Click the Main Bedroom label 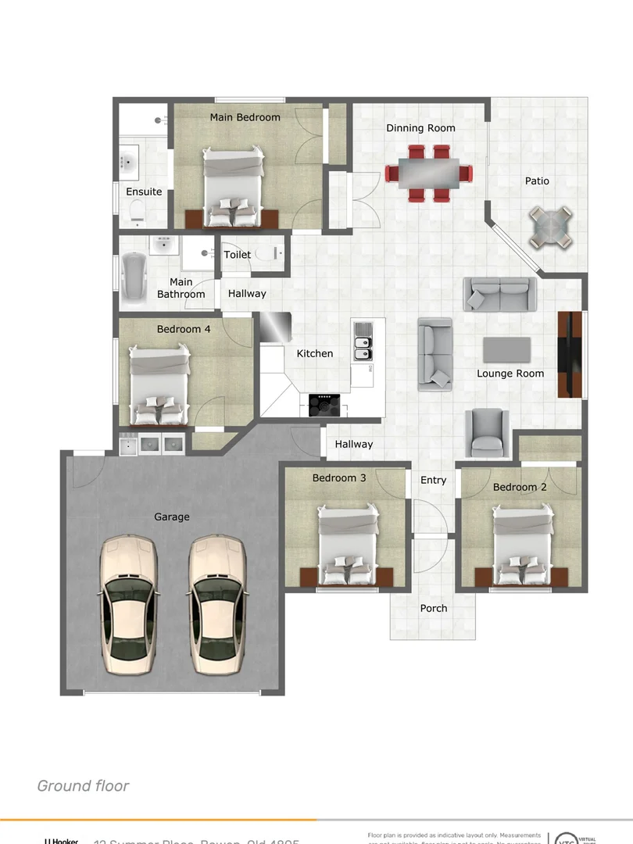(245, 117)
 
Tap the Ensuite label (144, 191)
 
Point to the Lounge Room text (510, 374)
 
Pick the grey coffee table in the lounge (506, 349)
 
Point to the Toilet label (238, 255)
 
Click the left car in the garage (129, 603)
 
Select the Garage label (172, 517)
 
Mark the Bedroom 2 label (520, 487)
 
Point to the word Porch (434, 608)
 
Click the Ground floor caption (83, 785)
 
